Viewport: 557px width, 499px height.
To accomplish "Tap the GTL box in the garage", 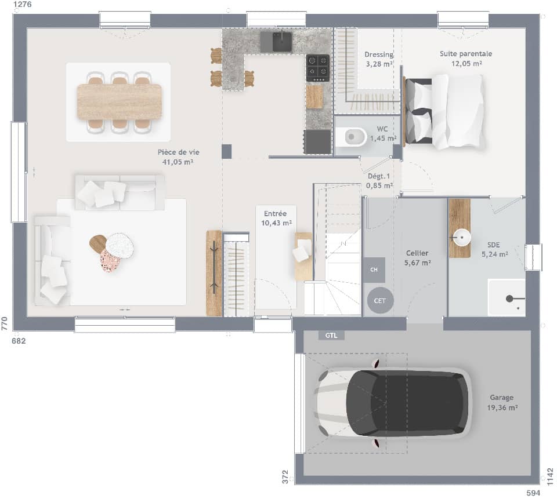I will click(331, 335).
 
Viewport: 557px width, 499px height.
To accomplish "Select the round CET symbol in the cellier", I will click(380, 301).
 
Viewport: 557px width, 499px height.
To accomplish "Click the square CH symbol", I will click(374, 269).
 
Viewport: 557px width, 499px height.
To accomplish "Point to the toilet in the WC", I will click(354, 137).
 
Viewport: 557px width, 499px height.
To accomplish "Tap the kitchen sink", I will click(276, 41).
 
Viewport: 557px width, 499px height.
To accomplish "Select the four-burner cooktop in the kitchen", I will click(317, 68).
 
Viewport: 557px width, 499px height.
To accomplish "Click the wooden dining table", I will click(119, 102).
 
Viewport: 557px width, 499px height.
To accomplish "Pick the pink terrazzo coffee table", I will click(110, 261).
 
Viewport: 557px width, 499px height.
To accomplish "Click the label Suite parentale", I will click(466, 54).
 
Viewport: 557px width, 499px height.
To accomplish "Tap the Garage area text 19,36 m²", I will click(501, 407).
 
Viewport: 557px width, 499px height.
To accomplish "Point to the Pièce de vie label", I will click(178, 152).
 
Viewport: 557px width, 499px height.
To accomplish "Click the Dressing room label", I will click(379, 54).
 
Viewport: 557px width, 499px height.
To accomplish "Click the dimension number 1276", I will click(23, 5).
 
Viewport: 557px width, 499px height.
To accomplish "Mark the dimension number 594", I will click(532, 493).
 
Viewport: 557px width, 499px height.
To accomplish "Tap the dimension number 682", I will click(19, 341).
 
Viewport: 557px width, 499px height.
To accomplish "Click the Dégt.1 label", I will click(379, 176).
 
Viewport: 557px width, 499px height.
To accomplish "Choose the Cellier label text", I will click(417, 253).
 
